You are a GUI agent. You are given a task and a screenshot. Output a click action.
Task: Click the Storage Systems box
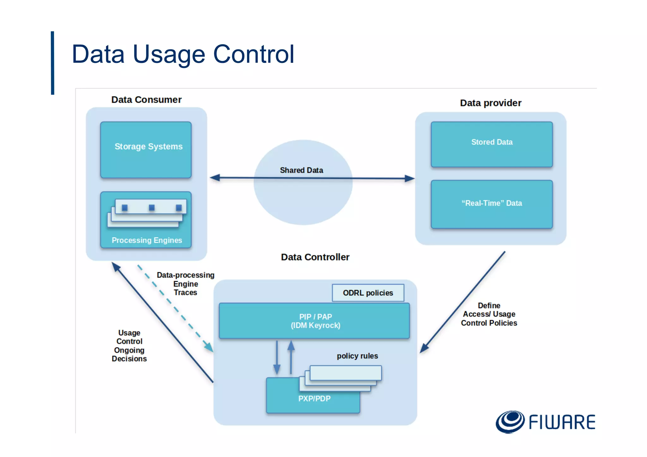[146, 150]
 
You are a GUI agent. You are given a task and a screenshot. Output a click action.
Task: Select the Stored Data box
[492, 144]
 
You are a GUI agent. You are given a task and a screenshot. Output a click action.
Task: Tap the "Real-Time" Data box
[492, 204]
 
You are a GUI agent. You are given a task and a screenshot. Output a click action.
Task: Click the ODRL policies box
[368, 293]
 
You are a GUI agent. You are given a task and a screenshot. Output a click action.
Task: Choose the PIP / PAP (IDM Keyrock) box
[314, 321]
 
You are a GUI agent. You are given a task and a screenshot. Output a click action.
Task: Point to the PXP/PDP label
[314, 399]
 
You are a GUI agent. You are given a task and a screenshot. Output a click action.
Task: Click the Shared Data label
[301, 170]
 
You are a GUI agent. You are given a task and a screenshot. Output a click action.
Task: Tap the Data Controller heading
[315, 257]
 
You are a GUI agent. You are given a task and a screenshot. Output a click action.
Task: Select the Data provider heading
[490, 103]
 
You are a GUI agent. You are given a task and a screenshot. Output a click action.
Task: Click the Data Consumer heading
[146, 100]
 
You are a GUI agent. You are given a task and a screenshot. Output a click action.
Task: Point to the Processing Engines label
[147, 240]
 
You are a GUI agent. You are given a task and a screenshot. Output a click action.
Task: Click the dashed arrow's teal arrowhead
[209, 347]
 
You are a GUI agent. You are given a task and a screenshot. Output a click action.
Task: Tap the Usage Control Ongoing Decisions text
[129, 346]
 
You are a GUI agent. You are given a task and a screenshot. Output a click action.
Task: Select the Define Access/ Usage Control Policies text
[489, 314]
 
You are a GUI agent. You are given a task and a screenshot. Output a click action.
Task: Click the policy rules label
[357, 356]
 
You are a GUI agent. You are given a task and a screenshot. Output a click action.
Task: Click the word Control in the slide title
[254, 54]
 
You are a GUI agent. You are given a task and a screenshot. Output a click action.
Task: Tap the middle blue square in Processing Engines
[152, 207]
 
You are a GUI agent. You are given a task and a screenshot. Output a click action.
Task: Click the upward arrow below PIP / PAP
[291, 357]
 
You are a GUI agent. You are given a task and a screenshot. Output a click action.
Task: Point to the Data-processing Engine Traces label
[185, 284]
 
